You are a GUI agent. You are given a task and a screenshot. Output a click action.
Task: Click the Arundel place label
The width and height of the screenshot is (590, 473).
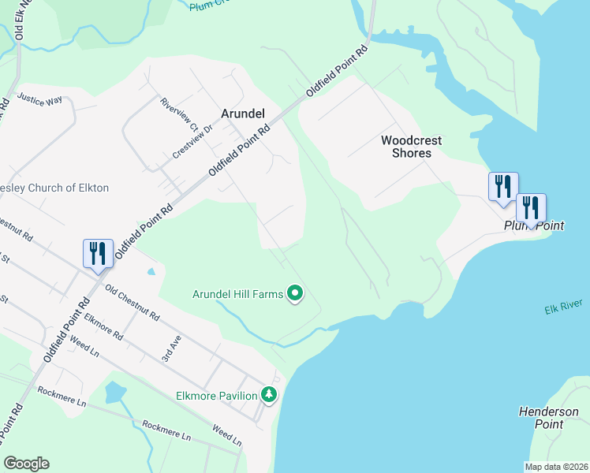click(x=242, y=114)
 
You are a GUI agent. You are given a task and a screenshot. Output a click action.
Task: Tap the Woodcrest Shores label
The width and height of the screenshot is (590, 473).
click(x=412, y=147)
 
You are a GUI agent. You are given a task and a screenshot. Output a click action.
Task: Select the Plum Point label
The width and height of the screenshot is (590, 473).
click(x=534, y=225)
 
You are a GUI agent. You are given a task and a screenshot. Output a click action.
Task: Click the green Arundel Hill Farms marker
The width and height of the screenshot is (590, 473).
click(x=295, y=294)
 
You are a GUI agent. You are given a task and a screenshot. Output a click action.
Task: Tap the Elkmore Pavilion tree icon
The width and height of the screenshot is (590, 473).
click(x=270, y=394)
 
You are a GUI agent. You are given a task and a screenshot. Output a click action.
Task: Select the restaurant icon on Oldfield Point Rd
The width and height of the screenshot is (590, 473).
click(x=98, y=253)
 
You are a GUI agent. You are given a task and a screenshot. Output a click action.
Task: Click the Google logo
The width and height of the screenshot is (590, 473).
click(x=26, y=464)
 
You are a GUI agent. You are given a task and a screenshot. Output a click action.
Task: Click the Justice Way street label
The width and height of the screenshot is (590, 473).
click(x=39, y=100)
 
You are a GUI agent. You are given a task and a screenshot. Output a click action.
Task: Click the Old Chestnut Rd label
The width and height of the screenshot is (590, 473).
click(x=133, y=304)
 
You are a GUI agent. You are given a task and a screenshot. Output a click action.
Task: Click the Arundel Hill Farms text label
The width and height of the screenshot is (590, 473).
click(x=237, y=294)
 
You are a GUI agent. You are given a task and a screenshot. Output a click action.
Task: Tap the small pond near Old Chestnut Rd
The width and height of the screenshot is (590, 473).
click(x=151, y=271)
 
